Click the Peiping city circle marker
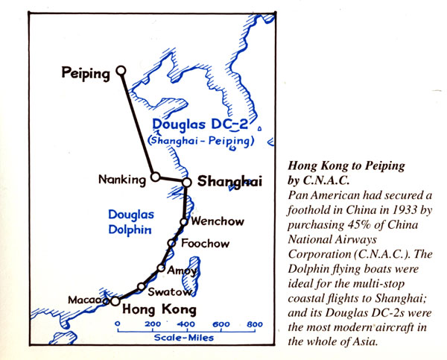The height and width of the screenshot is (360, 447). pos(121,72)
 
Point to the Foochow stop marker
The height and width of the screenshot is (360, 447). pos(171,244)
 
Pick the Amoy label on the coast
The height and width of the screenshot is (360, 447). pos(183,269)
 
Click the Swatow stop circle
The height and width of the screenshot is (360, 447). pos(141,287)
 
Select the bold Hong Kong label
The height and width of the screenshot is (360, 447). pos(159,309)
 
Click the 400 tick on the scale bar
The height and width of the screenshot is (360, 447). pos(186,325)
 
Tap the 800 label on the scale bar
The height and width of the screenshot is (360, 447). pos(255,325)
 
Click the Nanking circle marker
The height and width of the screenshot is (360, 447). pos(155,177)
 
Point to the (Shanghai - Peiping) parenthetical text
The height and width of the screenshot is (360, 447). pos(201,139)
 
